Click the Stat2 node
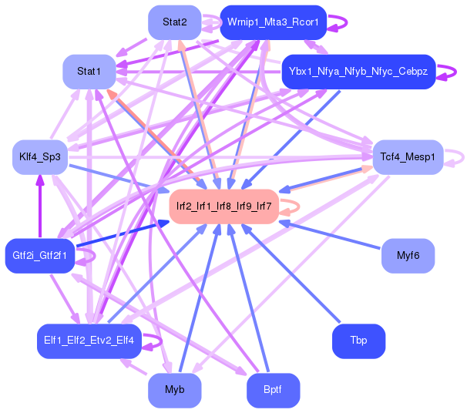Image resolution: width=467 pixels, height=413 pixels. [x=175, y=22]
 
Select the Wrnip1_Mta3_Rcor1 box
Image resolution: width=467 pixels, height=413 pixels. [x=273, y=22]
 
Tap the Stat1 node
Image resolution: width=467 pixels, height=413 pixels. [x=89, y=72]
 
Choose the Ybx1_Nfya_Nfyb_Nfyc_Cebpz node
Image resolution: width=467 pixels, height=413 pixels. [x=358, y=72]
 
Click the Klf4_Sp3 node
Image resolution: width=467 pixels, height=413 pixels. [x=41, y=157]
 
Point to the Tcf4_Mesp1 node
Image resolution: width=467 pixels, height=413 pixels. [x=408, y=157]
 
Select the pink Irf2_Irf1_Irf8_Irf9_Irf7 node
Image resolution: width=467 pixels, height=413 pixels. [x=223, y=206]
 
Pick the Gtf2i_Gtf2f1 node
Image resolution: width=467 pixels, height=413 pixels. [x=39, y=255]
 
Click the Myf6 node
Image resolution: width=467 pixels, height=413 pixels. [x=408, y=255]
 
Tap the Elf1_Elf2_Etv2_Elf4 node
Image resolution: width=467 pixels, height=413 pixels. [x=89, y=341]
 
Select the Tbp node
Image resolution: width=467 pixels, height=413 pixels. [x=358, y=341]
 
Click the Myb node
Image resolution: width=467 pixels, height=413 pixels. [x=175, y=390]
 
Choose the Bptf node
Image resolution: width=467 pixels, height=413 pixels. [x=272, y=390]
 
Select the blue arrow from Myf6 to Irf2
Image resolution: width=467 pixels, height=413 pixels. [x=331, y=235]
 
